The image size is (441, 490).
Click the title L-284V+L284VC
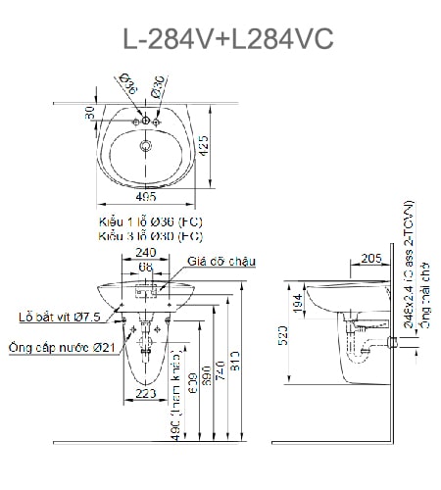[227, 38]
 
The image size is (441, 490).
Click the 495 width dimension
[147, 198]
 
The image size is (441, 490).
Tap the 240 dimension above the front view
[146, 252]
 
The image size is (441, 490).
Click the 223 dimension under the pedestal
[146, 393]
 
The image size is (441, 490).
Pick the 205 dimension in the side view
[370, 258]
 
